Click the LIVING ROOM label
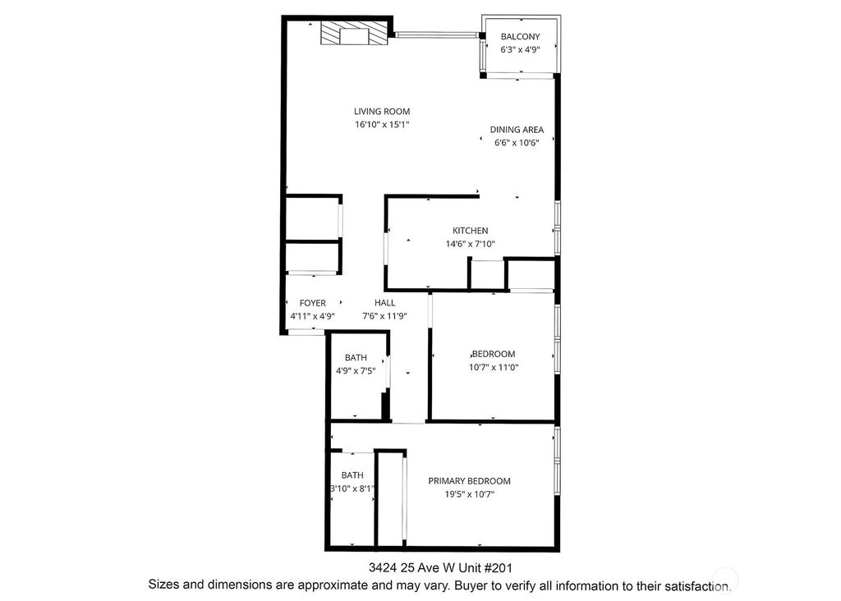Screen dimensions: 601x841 (x=382, y=112)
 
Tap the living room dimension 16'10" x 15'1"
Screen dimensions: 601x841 (x=382, y=125)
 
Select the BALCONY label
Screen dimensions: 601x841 (x=521, y=36)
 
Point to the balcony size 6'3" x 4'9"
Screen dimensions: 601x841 (x=521, y=49)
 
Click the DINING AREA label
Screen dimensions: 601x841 (x=517, y=130)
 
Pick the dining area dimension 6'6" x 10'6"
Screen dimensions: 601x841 (x=517, y=143)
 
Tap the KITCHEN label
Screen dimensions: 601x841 (x=470, y=231)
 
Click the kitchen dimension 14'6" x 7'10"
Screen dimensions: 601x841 (x=470, y=244)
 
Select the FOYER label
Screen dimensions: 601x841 (x=312, y=303)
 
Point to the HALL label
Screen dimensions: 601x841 (x=384, y=303)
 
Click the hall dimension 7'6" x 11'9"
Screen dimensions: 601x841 (x=384, y=316)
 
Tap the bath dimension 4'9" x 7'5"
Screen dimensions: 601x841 (x=356, y=370)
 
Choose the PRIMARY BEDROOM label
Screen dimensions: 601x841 (x=469, y=481)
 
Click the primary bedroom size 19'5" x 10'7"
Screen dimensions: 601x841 (x=469, y=494)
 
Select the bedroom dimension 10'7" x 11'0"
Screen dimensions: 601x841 (x=493, y=367)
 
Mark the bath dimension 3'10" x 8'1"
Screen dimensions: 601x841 (x=352, y=489)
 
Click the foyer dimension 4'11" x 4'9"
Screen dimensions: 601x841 (x=312, y=316)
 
